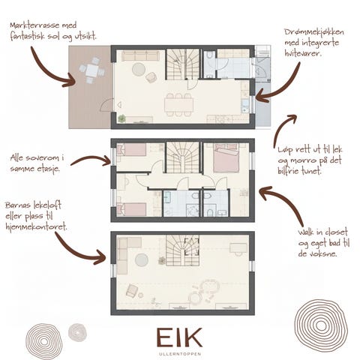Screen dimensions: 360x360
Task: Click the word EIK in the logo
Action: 179,336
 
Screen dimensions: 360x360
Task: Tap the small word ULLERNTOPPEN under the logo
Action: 179,350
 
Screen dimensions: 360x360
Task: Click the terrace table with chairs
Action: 91,72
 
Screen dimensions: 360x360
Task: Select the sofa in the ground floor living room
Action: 140,55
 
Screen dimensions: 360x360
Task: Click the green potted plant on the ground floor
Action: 121,118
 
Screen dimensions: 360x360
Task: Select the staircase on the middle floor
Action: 180,158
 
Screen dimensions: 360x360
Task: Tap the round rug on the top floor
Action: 141,260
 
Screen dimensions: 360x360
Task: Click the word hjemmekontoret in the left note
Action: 36,226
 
